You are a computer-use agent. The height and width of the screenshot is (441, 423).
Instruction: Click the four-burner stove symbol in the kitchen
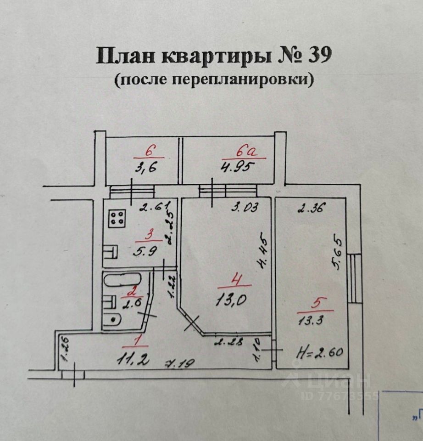tap(117, 218)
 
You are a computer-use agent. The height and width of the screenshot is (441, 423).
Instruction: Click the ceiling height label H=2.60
tap(319, 354)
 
